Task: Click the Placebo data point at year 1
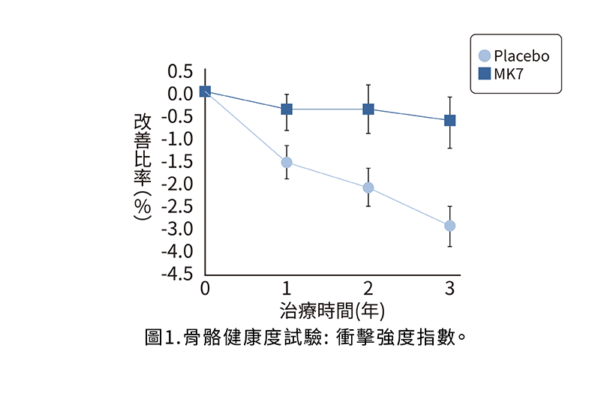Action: pyautogui.click(x=287, y=162)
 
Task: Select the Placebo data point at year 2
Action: pyautogui.click(x=368, y=187)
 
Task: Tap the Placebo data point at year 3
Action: pyautogui.click(x=450, y=226)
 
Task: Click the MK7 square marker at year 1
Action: pyautogui.click(x=287, y=109)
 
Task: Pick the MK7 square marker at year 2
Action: pyautogui.click(x=368, y=109)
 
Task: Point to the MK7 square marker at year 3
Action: pyautogui.click(x=450, y=120)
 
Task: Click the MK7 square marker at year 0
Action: pyautogui.click(x=205, y=91)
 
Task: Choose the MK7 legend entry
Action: pyautogui.click(x=507, y=73)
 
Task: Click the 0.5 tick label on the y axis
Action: pyautogui.click(x=181, y=71)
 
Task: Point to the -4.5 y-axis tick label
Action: pyautogui.click(x=178, y=274)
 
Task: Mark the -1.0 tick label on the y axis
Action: pyautogui.click(x=178, y=139)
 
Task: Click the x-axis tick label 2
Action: pyautogui.click(x=368, y=288)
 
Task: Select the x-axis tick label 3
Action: pyautogui.click(x=450, y=288)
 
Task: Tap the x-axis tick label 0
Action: pyautogui.click(x=205, y=288)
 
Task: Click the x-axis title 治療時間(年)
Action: pyautogui.click(x=332, y=309)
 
